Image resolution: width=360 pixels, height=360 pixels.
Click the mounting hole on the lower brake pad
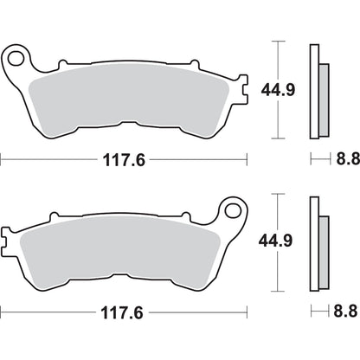click(x=231, y=235)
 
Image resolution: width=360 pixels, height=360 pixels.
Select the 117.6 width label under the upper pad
click(x=124, y=158)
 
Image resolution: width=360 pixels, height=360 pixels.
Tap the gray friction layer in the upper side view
click(x=324, y=95)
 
